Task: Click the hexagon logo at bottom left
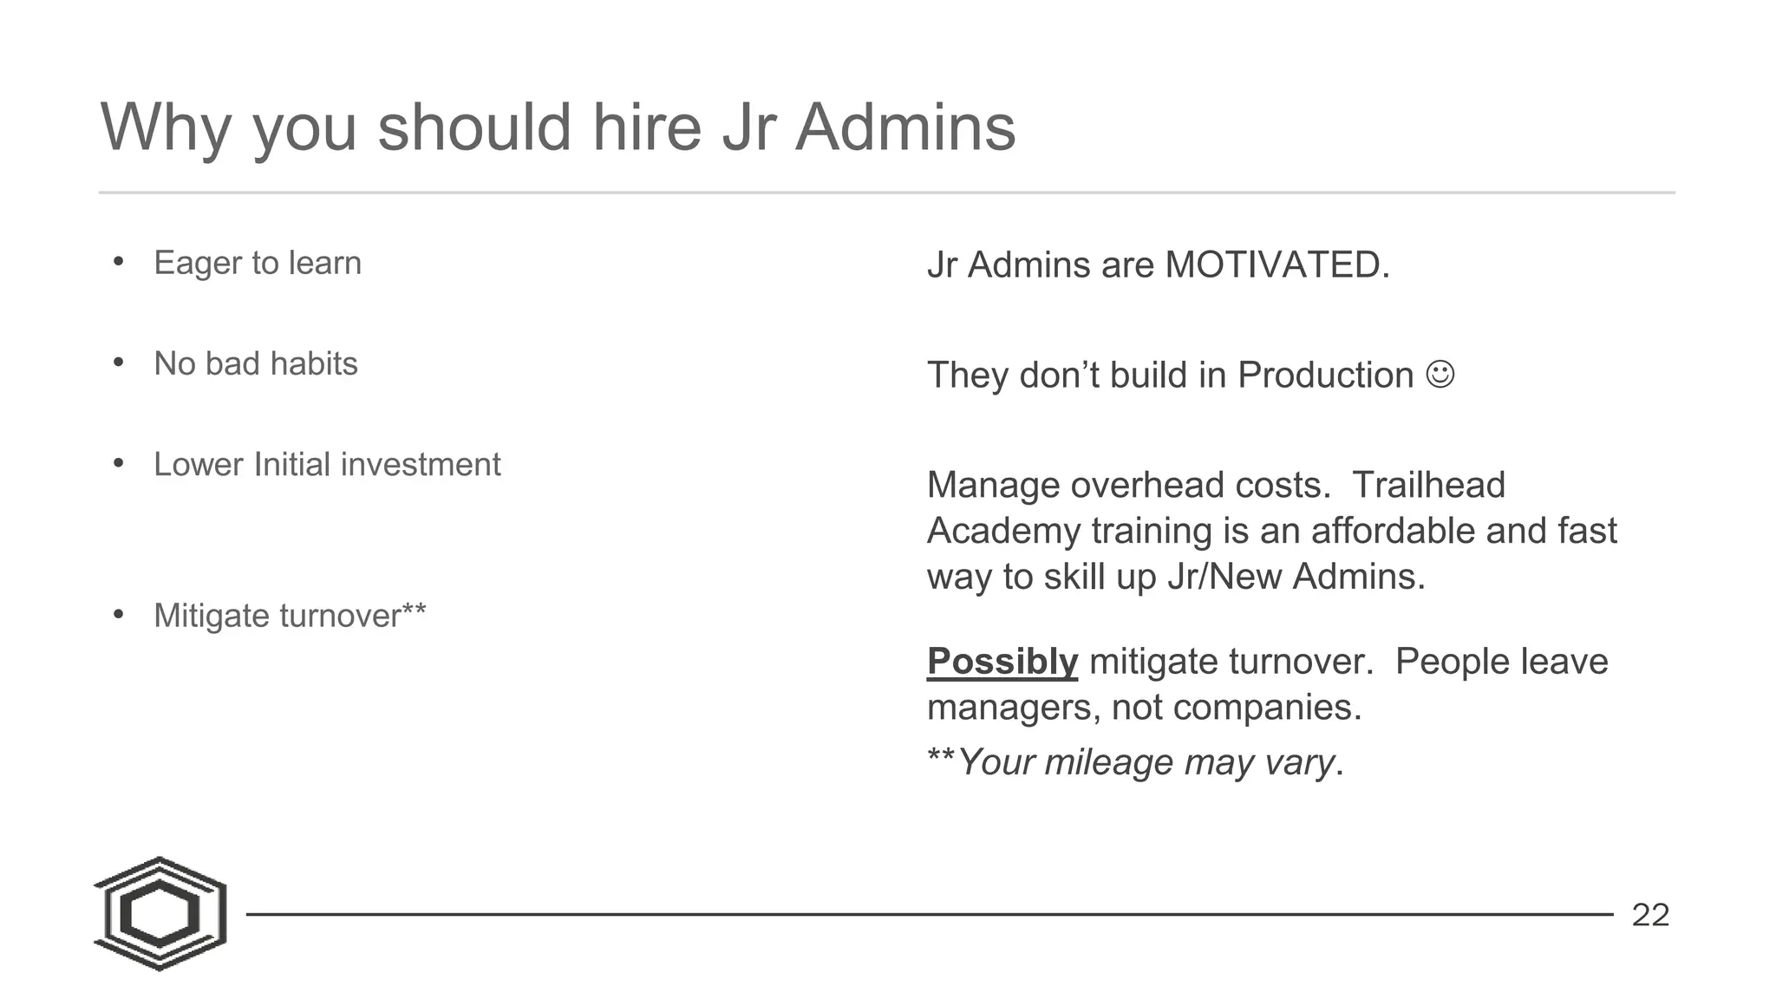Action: pos(160,914)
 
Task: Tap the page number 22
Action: pos(1650,915)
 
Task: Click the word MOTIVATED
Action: pos(1276,264)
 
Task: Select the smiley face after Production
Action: pos(1440,375)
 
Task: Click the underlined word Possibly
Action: pos(1002,662)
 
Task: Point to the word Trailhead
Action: pos(1428,485)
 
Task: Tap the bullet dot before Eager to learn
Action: pos(119,261)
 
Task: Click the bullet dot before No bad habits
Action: pos(119,362)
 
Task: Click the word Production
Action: pos(1325,375)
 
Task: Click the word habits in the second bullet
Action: pos(314,363)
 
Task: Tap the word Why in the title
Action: pos(166,127)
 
